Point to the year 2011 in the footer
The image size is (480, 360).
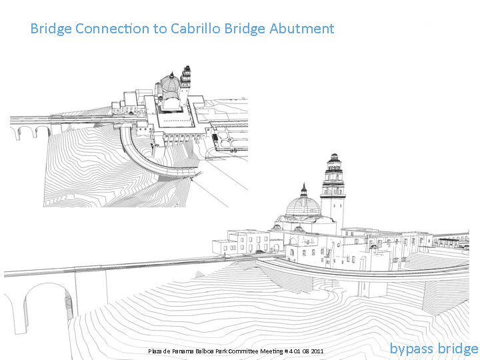317,351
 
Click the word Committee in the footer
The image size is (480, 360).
244,351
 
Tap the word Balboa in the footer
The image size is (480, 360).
204,351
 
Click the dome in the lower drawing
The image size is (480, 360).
303,206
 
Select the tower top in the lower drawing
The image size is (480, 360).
334,160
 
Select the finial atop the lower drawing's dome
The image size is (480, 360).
304,190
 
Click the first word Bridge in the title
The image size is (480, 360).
51,29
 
